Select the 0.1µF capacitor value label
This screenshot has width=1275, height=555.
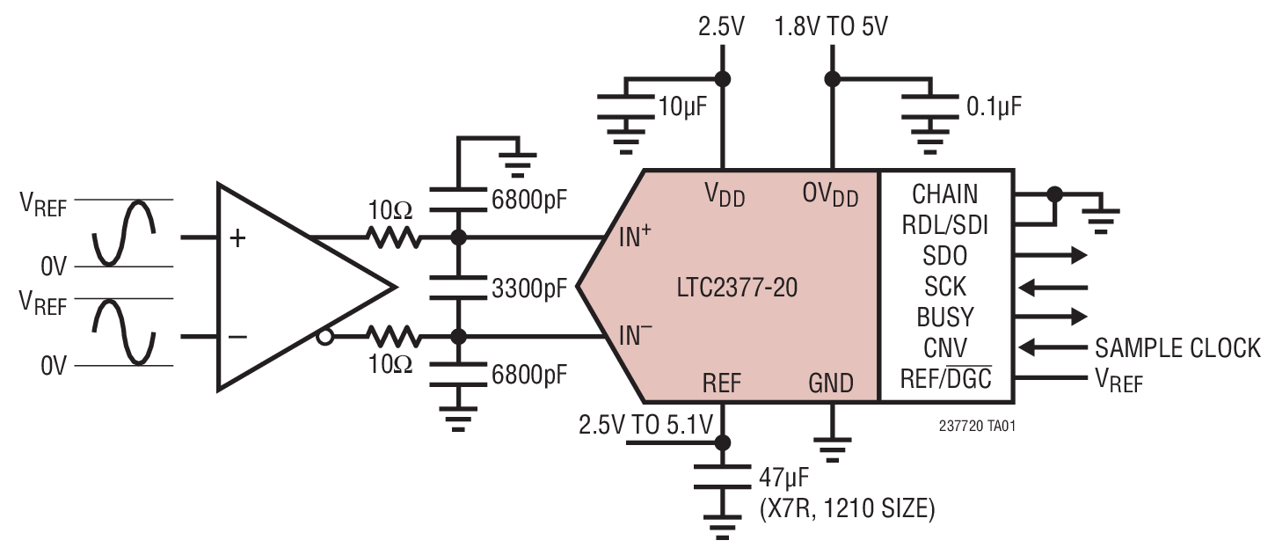(x=994, y=108)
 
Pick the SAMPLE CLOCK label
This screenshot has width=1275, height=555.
(x=1177, y=348)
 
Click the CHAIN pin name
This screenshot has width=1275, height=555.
(x=944, y=194)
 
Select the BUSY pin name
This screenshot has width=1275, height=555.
(x=944, y=317)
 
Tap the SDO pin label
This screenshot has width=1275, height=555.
(x=944, y=256)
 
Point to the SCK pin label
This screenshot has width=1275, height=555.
(x=944, y=287)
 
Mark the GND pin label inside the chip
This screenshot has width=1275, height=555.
(x=830, y=383)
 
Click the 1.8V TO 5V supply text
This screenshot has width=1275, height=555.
(x=830, y=26)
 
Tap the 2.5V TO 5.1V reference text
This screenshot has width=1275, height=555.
(x=644, y=426)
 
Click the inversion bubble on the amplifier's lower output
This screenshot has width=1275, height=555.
(x=324, y=337)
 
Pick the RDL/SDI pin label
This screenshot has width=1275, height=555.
(x=944, y=225)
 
